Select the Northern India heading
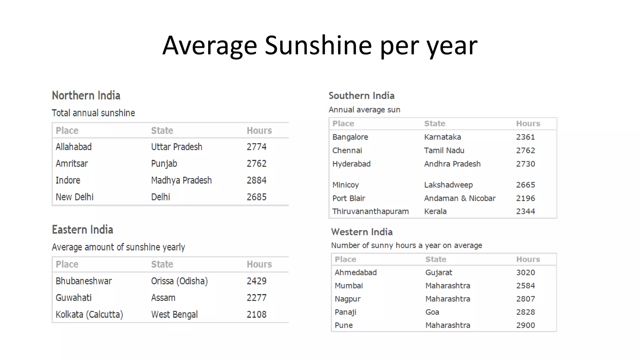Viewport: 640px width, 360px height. coord(86,96)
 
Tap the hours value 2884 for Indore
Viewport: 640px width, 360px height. coord(256,180)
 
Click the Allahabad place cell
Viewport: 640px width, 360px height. coord(73,147)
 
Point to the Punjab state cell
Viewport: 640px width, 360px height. coord(164,164)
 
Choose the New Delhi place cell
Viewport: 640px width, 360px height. coord(74,197)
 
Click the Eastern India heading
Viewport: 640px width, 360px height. coord(82,230)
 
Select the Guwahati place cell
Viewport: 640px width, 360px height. coord(73,298)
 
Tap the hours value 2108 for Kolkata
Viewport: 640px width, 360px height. coord(256,314)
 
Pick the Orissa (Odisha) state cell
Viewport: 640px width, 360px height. coord(179,281)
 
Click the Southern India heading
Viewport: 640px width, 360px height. coord(361,96)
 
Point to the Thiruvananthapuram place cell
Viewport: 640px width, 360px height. coord(370,212)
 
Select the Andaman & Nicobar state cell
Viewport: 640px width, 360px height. coord(460,198)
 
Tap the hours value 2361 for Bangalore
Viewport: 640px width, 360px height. coord(525,137)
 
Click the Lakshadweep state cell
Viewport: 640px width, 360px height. coord(448,185)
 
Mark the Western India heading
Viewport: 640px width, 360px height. coord(362,232)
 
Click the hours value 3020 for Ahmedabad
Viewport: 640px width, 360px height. coord(525,272)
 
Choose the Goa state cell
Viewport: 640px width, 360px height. coord(432,312)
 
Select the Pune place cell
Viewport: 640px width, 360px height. coord(343,325)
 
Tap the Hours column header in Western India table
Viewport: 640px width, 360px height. coord(528,259)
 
